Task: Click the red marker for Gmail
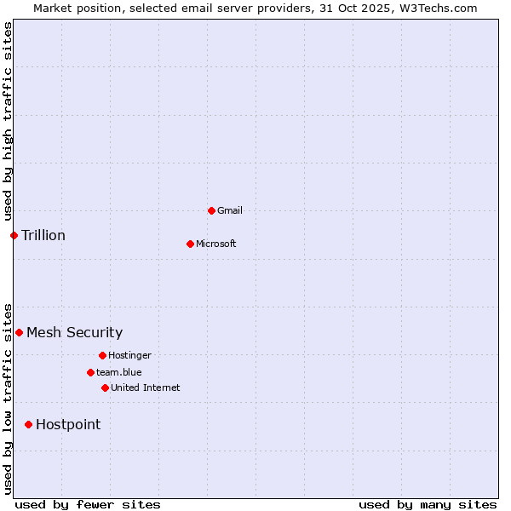(x=211, y=210)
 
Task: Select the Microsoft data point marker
(x=190, y=244)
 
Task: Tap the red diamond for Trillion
(x=14, y=235)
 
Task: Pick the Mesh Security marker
(x=19, y=332)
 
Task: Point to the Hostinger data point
(x=102, y=355)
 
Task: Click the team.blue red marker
(x=90, y=372)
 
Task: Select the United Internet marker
(x=105, y=388)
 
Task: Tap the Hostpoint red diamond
(x=28, y=424)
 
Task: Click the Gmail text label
(x=230, y=210)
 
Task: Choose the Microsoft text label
(x=216, y=244)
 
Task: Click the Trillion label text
(x=43, y=235)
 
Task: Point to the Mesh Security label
(x=75, y=332)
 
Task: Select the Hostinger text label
(x=129, y=355)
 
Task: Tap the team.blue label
(x=119, y=372)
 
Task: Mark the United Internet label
(x=146, y=388)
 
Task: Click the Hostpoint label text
(x=68, y=424)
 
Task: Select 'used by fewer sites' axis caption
(x=88, y=504)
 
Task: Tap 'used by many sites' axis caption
(x=428, y=504)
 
